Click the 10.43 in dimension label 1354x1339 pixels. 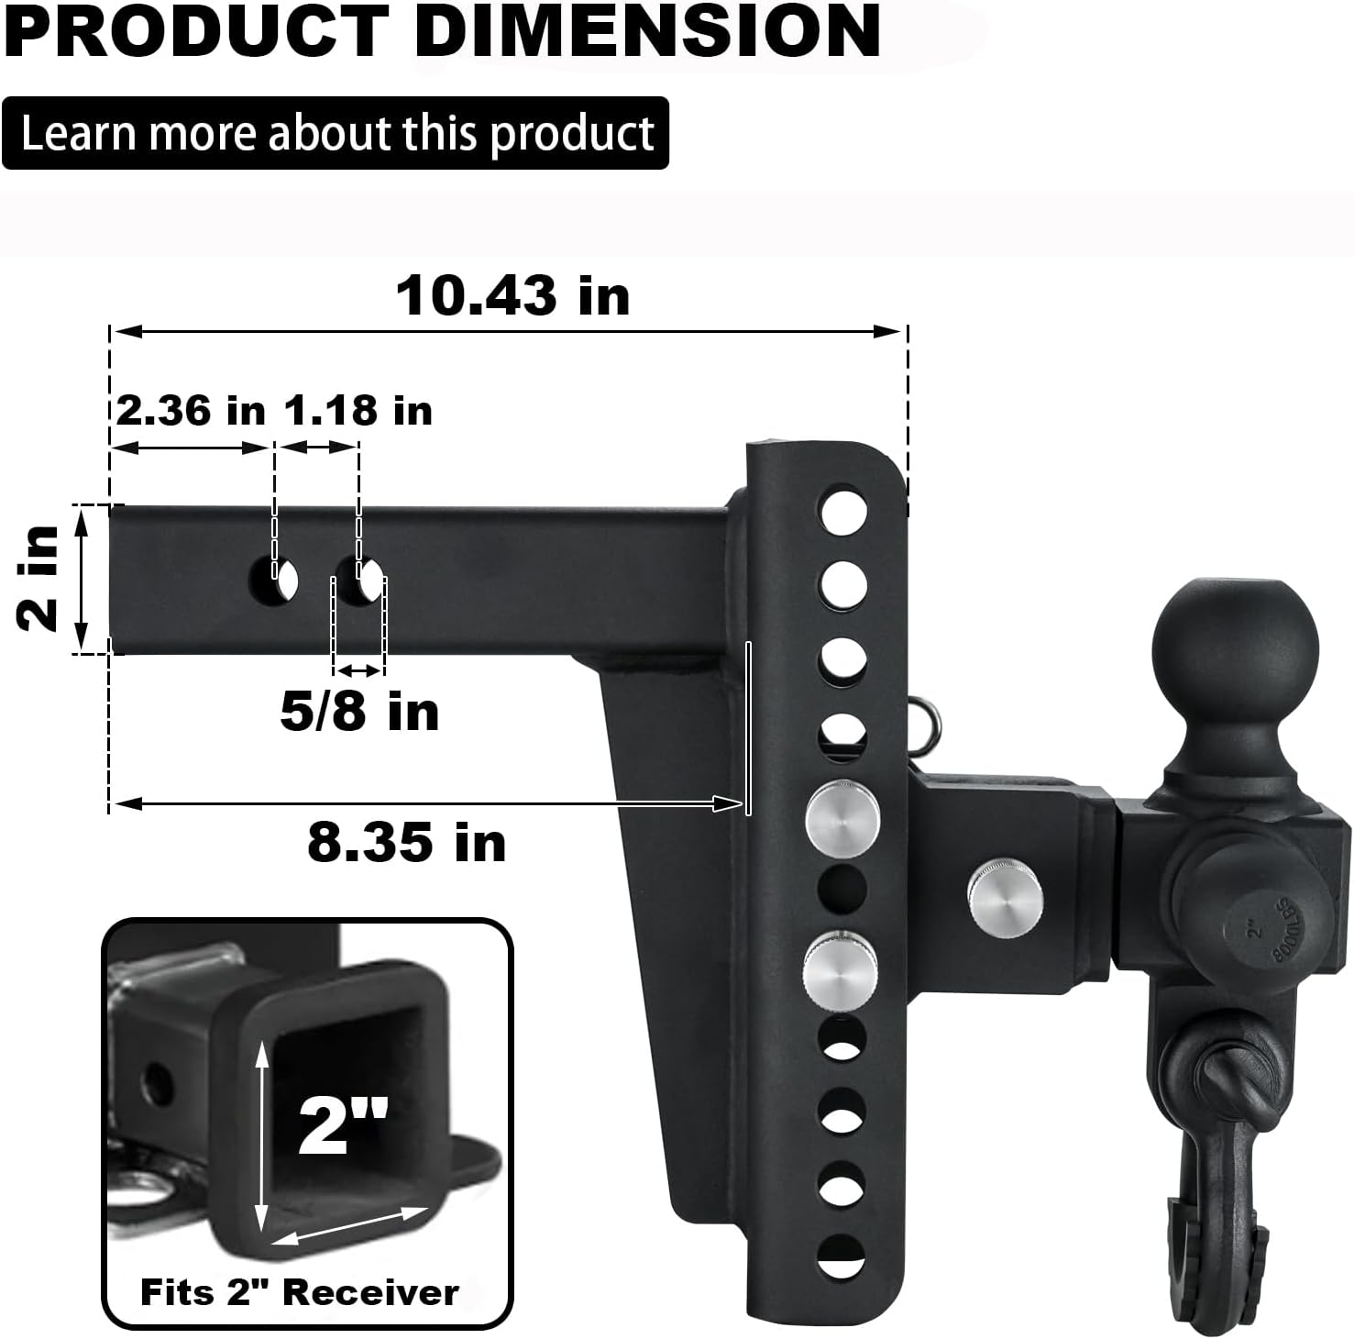512,296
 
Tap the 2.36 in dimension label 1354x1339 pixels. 191,410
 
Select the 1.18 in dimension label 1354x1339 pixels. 358,410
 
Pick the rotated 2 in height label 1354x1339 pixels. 39,579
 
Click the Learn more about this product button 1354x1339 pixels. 336,133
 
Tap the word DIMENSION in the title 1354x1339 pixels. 648,30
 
